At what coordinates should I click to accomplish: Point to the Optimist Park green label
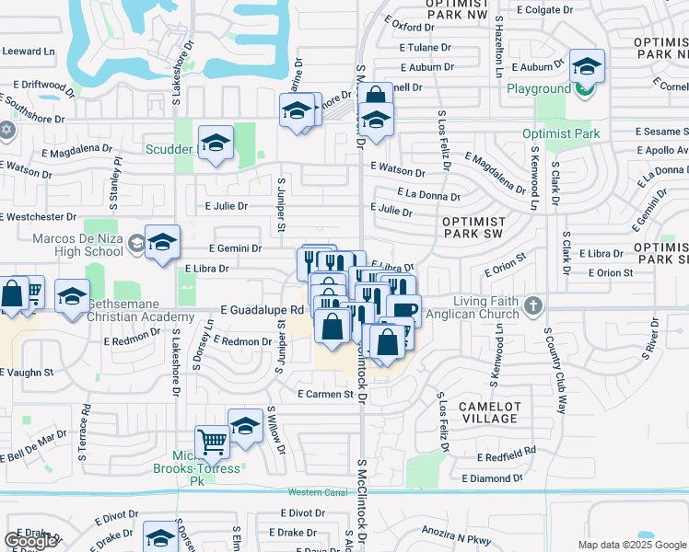(x=560, y=133)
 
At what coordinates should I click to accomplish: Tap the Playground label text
(x=539, y=89)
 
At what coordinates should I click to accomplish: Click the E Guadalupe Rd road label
(x=261, y=311)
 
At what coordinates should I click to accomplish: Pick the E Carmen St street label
(x=325, y=394)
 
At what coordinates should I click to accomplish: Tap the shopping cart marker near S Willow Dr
(x=213, y=442)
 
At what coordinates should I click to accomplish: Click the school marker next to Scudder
(x=216, y=144)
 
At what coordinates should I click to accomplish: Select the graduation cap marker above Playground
(x=586, y=66)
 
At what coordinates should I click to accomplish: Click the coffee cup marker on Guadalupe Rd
(x=403, y=310)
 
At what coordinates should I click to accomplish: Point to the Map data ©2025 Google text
(x=632, y=545)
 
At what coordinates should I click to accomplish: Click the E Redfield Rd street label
(x=507, y=457)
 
